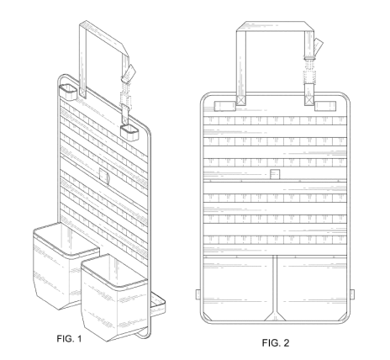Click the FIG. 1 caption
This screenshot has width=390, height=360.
point(69,339)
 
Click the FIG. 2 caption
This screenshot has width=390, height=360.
point(276,342)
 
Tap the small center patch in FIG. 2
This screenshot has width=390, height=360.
point(275,174)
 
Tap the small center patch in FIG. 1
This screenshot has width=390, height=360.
point(104,176)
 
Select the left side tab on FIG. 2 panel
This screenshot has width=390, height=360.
point(198,294)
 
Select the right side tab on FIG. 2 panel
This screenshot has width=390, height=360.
point(352,294)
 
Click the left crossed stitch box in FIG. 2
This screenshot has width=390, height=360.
point(241,100)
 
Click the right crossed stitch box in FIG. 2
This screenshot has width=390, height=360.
point(309,100)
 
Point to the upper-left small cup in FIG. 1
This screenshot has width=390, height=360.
point(68,92)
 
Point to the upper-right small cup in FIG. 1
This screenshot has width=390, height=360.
point(129,132)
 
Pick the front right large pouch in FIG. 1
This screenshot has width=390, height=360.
point(115,297)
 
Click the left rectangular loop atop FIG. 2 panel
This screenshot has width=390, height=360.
point(225,106)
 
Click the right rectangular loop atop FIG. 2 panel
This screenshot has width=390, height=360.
point(325,106)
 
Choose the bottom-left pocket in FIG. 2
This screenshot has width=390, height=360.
point(238,288)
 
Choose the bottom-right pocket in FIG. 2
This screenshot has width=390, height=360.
point(312,288)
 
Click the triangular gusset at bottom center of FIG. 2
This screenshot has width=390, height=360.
point(275,316)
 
